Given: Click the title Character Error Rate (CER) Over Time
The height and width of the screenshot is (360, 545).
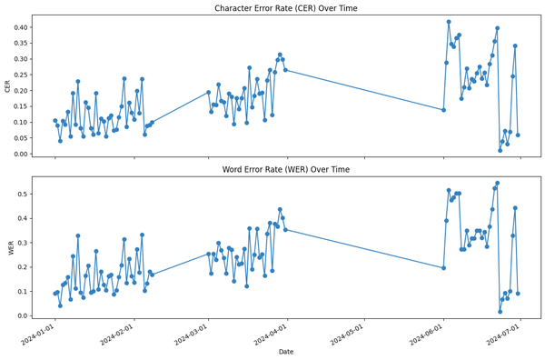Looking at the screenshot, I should click(x=285, y=8).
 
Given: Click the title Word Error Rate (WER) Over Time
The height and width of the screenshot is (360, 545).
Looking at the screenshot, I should click(x=285, y=170).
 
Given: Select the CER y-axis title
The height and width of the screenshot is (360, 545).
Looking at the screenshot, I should click(x=8, y=86).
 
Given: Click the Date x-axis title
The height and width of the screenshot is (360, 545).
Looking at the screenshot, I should click(x=285, y=351).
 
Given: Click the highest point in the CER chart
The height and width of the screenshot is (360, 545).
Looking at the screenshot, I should click(x=449, y=22).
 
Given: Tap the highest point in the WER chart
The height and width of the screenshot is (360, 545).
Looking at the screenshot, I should click(x=497, y=184).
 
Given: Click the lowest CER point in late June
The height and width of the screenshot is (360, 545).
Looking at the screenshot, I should click(x=500, y=150).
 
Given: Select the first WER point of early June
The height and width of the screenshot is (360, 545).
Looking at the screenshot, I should click(x=443, y=268).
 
